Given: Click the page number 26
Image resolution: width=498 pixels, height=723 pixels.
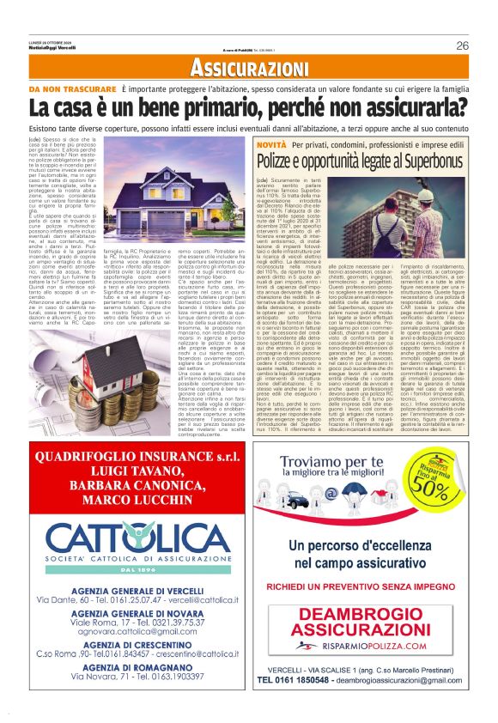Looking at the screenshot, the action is coord(463,46).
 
